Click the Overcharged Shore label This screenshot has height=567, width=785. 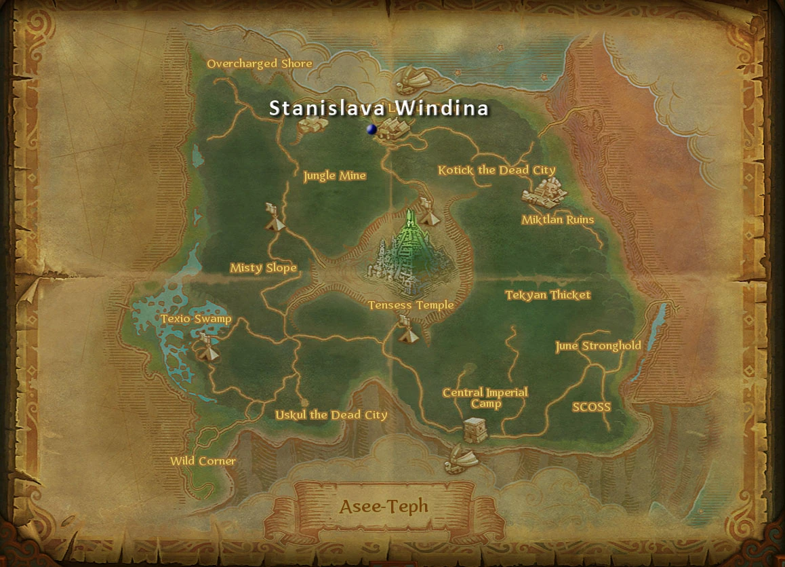tap(260, 64)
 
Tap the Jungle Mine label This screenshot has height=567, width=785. tap(334, 176)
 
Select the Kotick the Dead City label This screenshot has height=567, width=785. tap(496, 170)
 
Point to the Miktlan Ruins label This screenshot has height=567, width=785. tap(557, 220)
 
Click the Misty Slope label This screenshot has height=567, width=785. tap(263, 268)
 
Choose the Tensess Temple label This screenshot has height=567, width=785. tap(411, 305)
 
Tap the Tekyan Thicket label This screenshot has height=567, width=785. tap(548, 295)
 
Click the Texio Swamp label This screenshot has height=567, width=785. tap(196, 319)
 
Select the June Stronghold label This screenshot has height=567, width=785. tap(598, 346)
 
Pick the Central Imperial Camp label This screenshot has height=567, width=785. tap(485, 398)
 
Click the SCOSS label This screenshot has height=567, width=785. tap(591, 407)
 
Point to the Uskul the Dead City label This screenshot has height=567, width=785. tap(331, 415)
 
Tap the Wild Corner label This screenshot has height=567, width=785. tap(203, 461)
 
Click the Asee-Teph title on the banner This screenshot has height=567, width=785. tap(384, 507)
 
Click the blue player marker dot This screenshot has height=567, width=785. tap(371, 129)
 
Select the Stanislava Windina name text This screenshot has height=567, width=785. tap(379, 108)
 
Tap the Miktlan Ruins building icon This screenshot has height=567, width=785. tap(544, 193)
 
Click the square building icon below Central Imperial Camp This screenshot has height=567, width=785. tap(474, 430)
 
